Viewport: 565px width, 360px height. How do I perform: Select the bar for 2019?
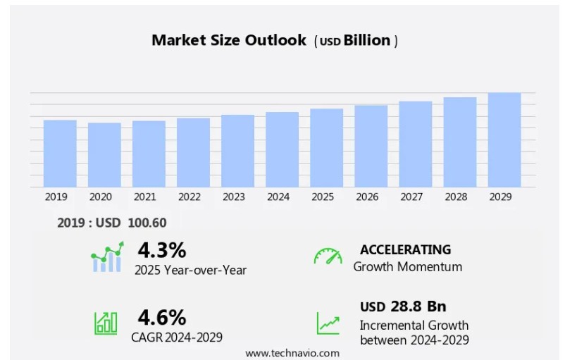coord(60,153)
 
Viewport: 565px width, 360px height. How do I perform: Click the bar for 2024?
coord(282,149)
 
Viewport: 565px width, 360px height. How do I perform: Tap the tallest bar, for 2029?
coord(504,139)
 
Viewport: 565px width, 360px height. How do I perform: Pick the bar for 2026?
coord(371,146)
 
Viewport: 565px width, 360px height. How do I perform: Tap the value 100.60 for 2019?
coord(147,223)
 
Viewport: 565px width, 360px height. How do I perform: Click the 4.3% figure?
coord(161,250)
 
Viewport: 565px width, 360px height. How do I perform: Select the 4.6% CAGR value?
coord(161,316)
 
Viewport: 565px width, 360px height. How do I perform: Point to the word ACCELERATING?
coord(405,249)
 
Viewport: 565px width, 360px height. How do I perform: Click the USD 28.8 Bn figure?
coord(403,306)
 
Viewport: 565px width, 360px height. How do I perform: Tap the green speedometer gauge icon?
coord(328,256)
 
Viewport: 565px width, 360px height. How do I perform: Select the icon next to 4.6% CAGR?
coord(106,322)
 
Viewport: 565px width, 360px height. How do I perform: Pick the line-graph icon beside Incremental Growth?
coord(328,322)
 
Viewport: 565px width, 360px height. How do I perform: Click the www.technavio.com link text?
coord(292,352)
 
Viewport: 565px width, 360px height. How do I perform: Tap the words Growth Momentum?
coord(408,267)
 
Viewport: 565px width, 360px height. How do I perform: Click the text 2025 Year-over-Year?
coord(190,270)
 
